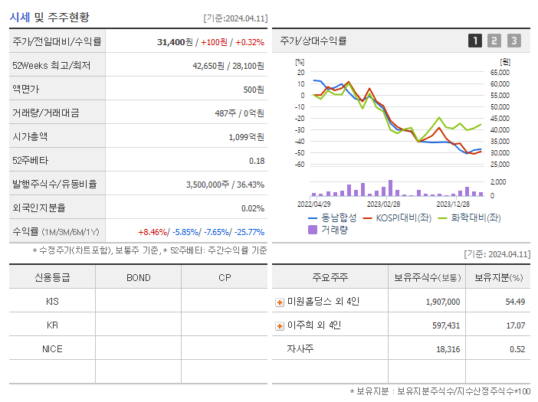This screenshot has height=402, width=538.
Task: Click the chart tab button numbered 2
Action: point(494,41)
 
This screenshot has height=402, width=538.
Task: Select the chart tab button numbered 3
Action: point(513,41)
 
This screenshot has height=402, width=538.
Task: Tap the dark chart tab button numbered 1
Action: point(475,41)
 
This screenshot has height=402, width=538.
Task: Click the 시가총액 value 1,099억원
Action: point(246,136)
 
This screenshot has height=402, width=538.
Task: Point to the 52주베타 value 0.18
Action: point(257,160)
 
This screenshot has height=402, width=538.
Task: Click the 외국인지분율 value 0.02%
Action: point(252,208)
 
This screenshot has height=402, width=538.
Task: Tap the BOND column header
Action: point(138,277)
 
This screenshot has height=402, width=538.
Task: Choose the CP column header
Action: point(225,277)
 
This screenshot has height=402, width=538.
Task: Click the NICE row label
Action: point(52,349)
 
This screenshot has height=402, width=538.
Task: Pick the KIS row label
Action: point(52,301)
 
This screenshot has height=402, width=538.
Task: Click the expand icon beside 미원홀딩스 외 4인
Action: point(280,302)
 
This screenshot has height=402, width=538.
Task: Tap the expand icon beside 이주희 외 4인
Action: point(280,326)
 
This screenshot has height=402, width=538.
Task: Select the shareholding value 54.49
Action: point(515,302)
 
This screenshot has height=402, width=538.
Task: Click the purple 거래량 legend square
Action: point(312,229)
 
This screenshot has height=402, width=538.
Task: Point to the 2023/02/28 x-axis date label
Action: point(383,204)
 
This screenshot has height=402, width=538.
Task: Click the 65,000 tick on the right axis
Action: point(500,72)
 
